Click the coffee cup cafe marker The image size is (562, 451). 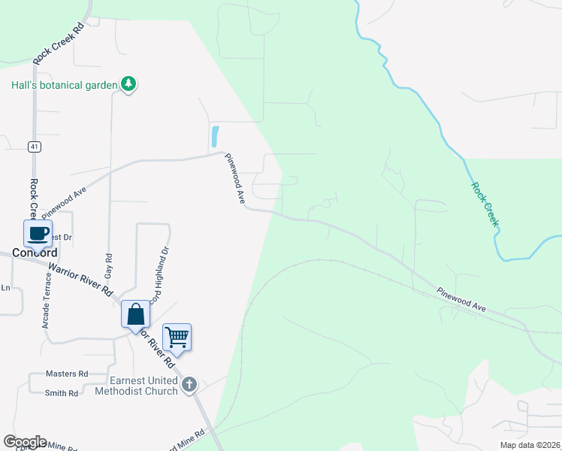(38, 233)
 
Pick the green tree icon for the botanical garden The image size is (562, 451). (128, 84)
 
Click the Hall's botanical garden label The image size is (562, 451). (65, 85)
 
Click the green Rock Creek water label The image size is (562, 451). (485, 204)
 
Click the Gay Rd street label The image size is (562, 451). (109, 262)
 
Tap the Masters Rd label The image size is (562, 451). (67, 374)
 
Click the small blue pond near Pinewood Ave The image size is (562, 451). (216, 136)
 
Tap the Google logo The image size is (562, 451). (25, 442)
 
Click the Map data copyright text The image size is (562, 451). (530, 445)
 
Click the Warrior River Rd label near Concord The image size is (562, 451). (80, 278)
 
